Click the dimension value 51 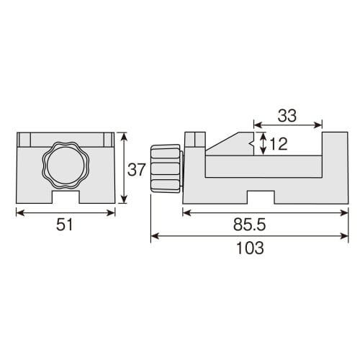click(x=65, y=226)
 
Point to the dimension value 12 click(x=279, y=144)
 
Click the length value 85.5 click(x=264, y=226)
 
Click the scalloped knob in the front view click(x=65, y=166)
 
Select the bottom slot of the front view click(x=65, y=196)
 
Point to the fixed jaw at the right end click(x=333, y=166)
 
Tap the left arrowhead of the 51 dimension click(x=18, y=212)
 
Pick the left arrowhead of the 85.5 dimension click(x=186, y=212)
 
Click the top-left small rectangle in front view click(x=24, y=139)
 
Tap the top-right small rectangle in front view click(x=107, y=139)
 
